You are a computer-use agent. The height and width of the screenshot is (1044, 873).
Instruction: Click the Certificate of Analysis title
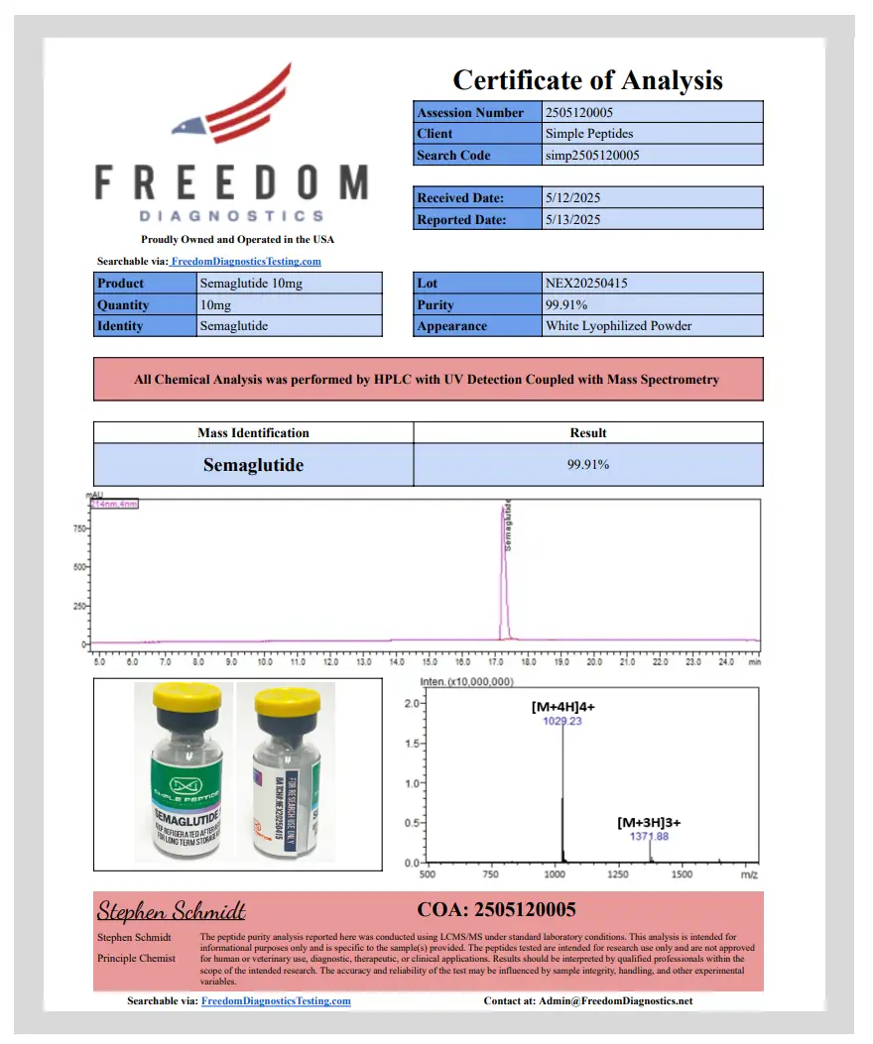coord(587,80)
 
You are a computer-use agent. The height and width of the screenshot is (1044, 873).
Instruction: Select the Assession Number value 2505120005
coord(586,113)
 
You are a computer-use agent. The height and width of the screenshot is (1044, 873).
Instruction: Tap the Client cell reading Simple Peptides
coord(589,134)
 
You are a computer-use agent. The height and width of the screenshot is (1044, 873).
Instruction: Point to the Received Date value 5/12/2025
coord(573,198)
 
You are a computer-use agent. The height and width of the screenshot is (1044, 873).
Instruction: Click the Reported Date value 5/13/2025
coord(573,220)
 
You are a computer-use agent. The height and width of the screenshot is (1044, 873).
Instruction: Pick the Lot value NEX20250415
coord(586,284)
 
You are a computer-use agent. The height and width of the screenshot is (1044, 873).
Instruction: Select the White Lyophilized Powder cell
coord(619,326)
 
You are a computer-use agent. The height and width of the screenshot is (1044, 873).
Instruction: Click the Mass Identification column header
coord(253,433)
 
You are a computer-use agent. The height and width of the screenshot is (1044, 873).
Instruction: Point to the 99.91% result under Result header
coord(588,465)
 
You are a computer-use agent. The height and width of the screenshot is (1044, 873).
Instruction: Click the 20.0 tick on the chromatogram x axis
coord(594,659)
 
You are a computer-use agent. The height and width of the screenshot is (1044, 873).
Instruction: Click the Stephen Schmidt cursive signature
coord(171,910)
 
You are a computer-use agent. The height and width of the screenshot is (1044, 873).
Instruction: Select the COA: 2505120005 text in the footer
coord(496,909)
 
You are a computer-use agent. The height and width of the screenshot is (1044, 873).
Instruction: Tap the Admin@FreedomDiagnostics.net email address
coord(616,1001)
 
